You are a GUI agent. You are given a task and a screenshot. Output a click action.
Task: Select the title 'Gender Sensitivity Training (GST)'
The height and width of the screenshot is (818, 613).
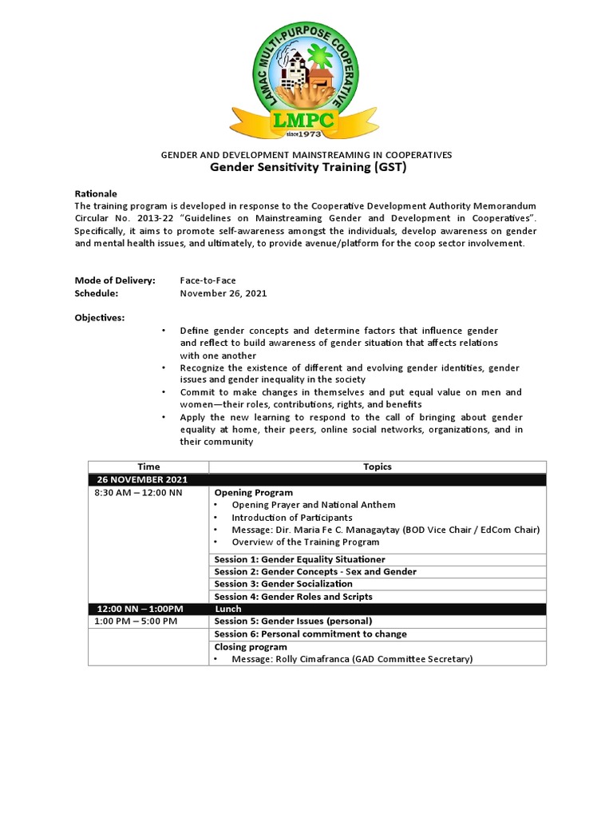tap(307, 168)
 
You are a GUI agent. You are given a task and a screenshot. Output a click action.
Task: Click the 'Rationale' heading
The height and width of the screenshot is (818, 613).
tap(96, 194)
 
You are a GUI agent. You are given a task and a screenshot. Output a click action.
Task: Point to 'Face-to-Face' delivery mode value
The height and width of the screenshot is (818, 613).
tap(208, 280)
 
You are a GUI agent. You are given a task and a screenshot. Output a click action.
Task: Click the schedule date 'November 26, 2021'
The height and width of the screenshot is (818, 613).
tap(223, 293)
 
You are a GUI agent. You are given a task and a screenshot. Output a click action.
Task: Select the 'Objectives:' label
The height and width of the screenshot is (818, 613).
tap(100, 318)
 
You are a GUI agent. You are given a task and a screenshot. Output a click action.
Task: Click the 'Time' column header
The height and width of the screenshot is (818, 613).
tap(148, 467)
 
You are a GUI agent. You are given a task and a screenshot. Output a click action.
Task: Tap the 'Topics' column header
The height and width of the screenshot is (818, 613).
tap(378, 467)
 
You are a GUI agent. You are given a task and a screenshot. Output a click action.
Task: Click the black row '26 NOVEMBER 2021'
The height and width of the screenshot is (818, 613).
tap(142, 479)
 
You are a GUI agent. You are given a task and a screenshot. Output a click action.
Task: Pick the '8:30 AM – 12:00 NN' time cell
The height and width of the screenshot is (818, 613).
tap(138, 493)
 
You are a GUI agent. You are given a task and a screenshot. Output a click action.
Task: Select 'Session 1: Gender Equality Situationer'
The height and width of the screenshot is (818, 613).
tap(299, 559)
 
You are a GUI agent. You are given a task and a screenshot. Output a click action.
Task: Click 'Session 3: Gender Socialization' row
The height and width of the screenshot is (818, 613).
tap(283, 584)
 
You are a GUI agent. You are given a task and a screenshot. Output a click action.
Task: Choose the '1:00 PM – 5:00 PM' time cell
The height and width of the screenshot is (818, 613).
tap(136, 621)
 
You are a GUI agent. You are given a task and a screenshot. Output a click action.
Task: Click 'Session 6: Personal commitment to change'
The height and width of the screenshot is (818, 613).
tap(310, 634)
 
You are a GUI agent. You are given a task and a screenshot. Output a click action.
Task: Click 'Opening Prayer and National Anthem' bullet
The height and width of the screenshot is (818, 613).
tap(313, 505)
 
